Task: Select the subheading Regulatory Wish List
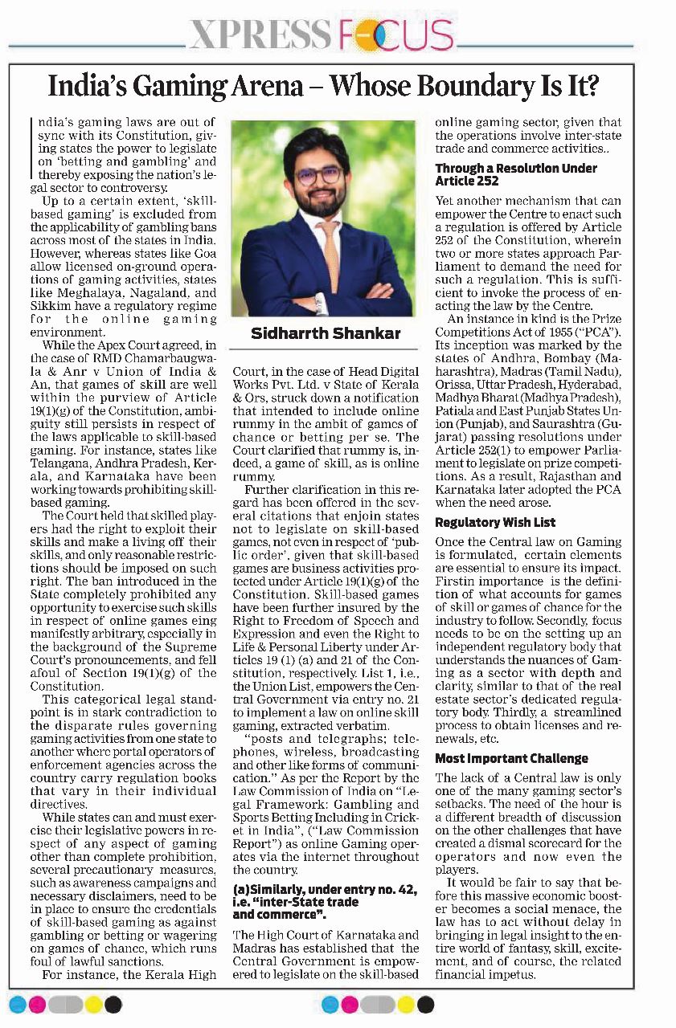pos(495,523)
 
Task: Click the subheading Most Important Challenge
pos(511,758)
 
